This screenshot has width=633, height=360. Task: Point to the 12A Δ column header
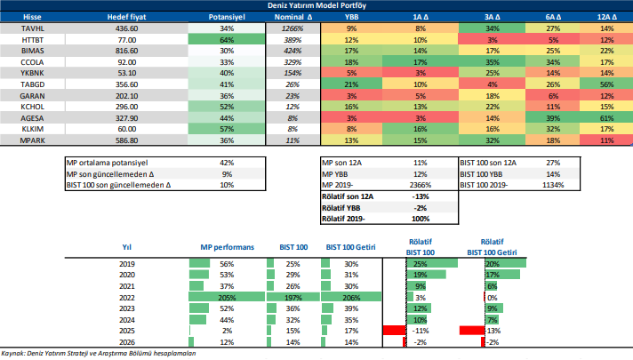point(606,17)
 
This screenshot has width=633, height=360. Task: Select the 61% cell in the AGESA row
point(606,117)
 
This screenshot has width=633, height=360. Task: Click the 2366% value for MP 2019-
point(421,187)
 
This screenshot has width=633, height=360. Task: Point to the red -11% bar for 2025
point(393,331)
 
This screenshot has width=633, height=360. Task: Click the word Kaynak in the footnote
point(12,353)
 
